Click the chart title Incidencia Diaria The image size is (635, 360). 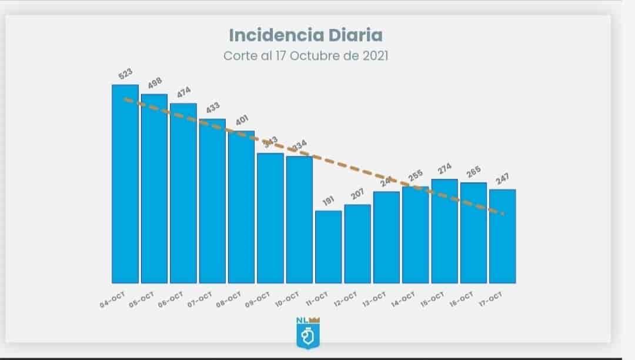(305, 35)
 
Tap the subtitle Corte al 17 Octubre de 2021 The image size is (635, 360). (305, 56)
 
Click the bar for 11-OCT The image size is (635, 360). (328, 246)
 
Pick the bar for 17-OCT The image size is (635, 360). (503, 236)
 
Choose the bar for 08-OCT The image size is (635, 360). (241, 206)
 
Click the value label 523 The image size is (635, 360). (125, 75)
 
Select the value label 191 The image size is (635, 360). (328, 201)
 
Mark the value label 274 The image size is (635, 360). (444, 169)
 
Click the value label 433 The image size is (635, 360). (212, 109)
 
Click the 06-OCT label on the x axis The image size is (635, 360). (171, 299)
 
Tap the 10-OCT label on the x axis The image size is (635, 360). (287, 299)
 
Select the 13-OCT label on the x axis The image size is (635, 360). (373, 299)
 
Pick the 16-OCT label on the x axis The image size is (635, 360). (460, 299)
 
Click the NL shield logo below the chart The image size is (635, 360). (308, 332)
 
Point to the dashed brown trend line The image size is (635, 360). (341, 165)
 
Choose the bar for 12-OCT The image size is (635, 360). (357, 244)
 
